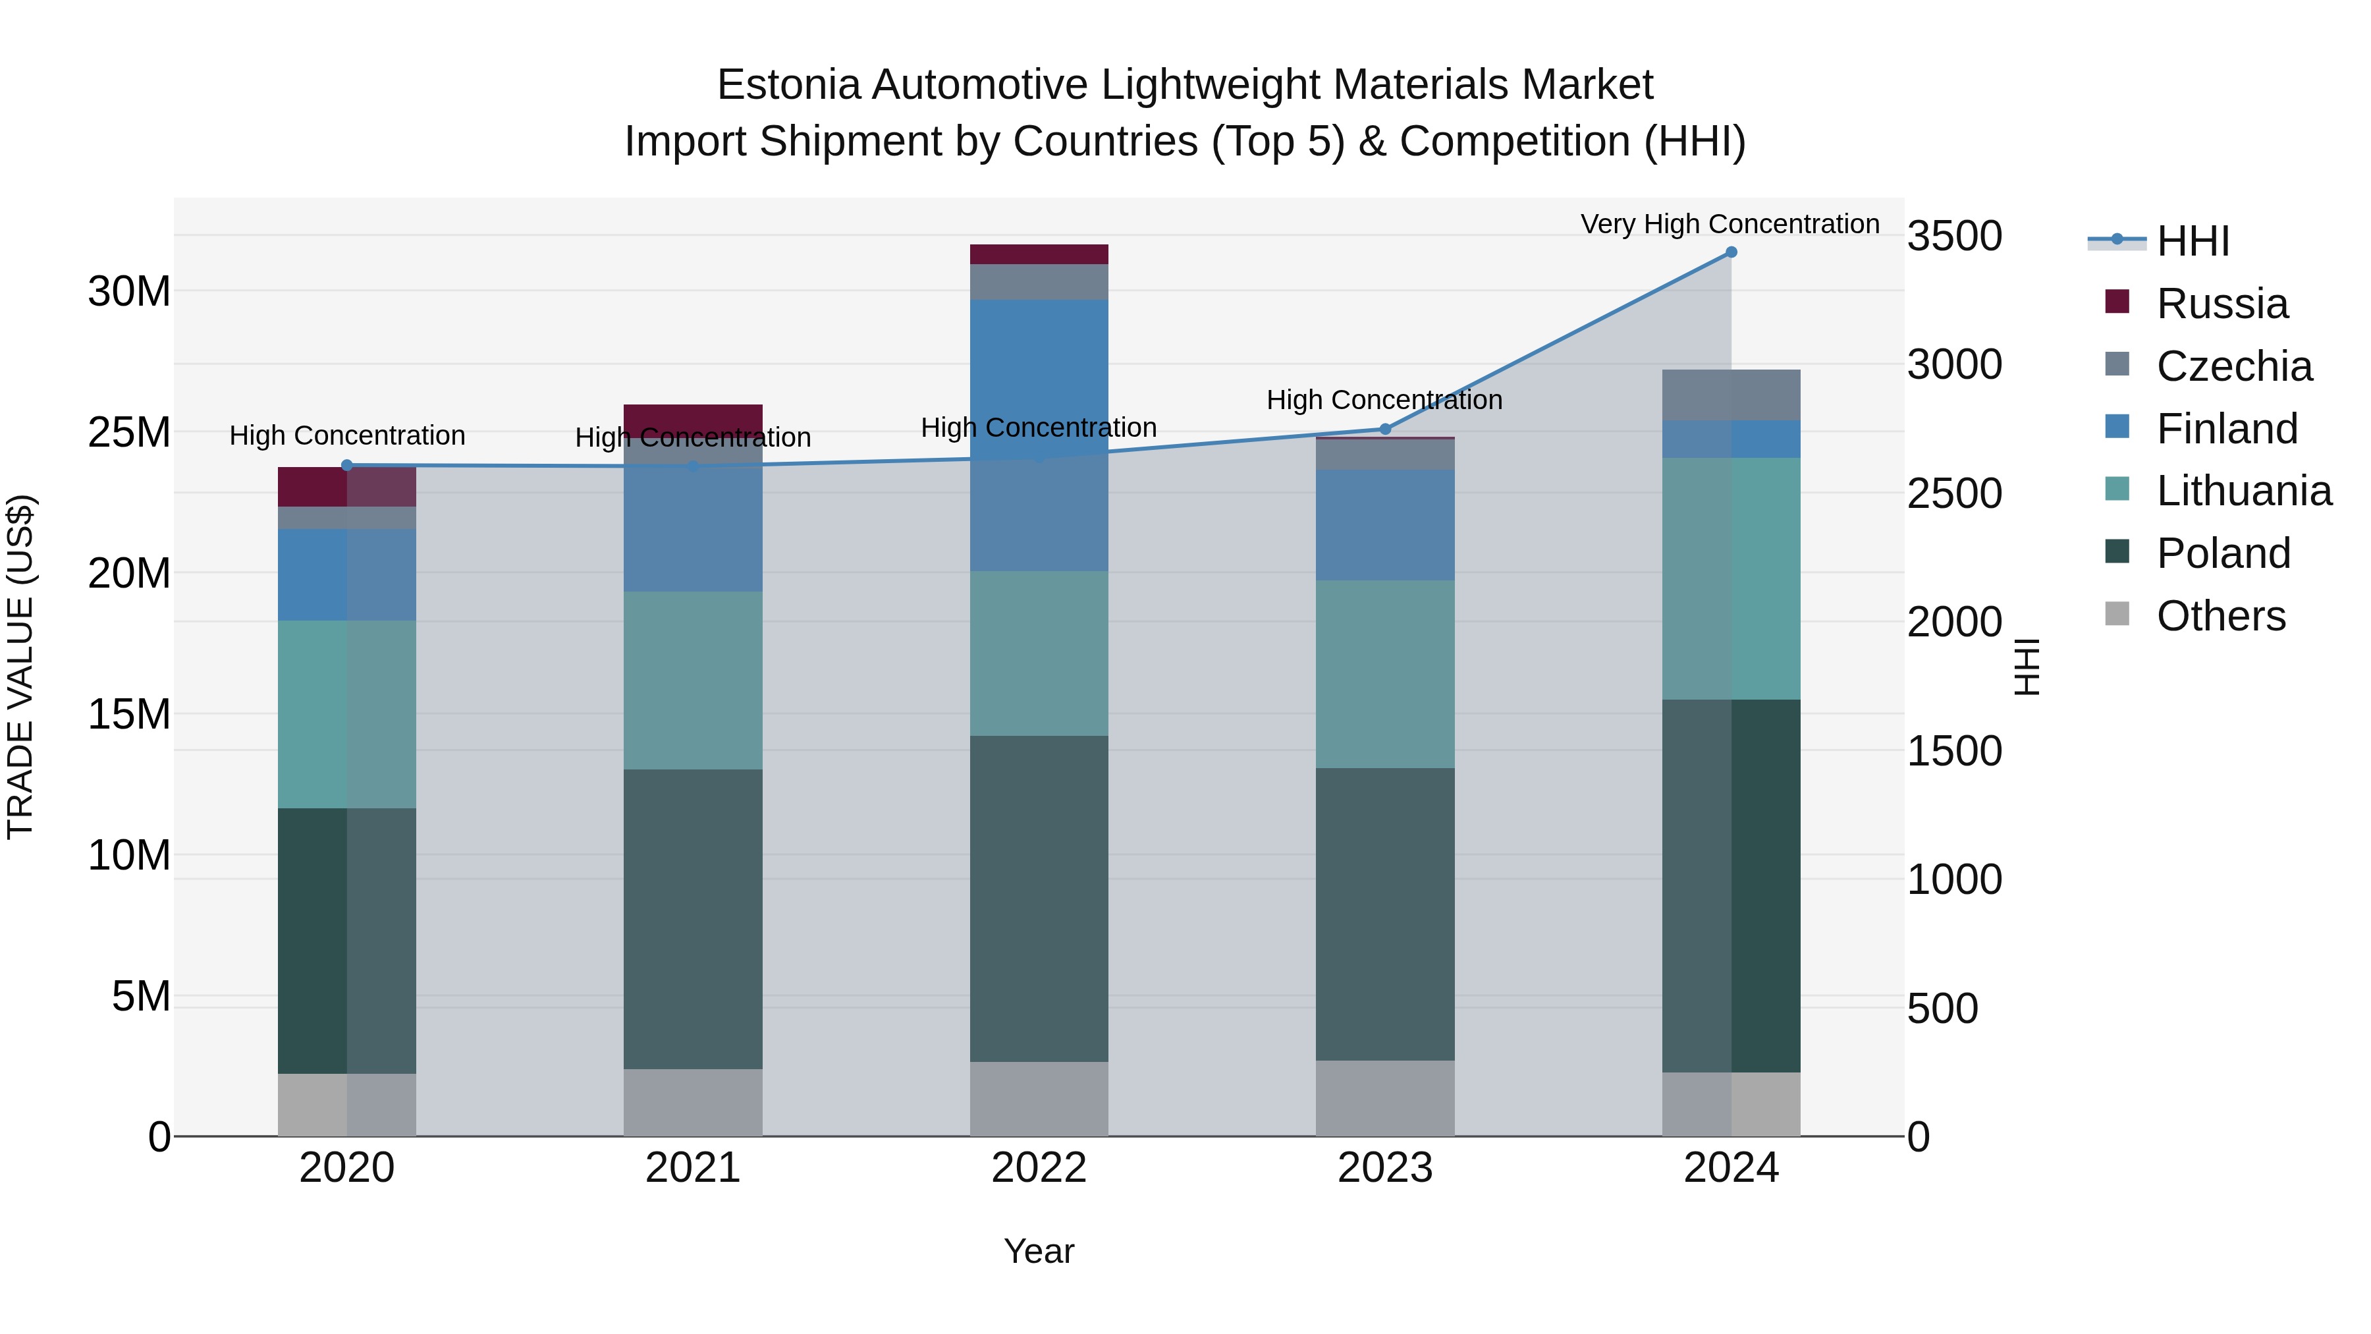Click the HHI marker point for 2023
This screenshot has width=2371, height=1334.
click(x=1384, y=429)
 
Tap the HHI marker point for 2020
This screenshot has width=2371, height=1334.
click(x=347, y=466)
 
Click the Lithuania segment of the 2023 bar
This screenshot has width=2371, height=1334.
click(x=1384, y=674)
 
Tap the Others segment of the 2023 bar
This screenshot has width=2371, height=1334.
click(x=1384, y=1098)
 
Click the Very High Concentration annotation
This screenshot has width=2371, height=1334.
click(x=1730, y=224)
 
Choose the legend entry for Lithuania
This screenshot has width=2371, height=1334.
click(x=2243, y=491)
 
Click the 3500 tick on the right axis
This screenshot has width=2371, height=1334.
click(x=1953, y=236)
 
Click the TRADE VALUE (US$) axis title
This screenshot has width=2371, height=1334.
click(x=20, y=667)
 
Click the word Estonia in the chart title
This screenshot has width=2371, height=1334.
click(x=787, y=85)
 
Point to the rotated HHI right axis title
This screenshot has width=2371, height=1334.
click(x=2027, y=667)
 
